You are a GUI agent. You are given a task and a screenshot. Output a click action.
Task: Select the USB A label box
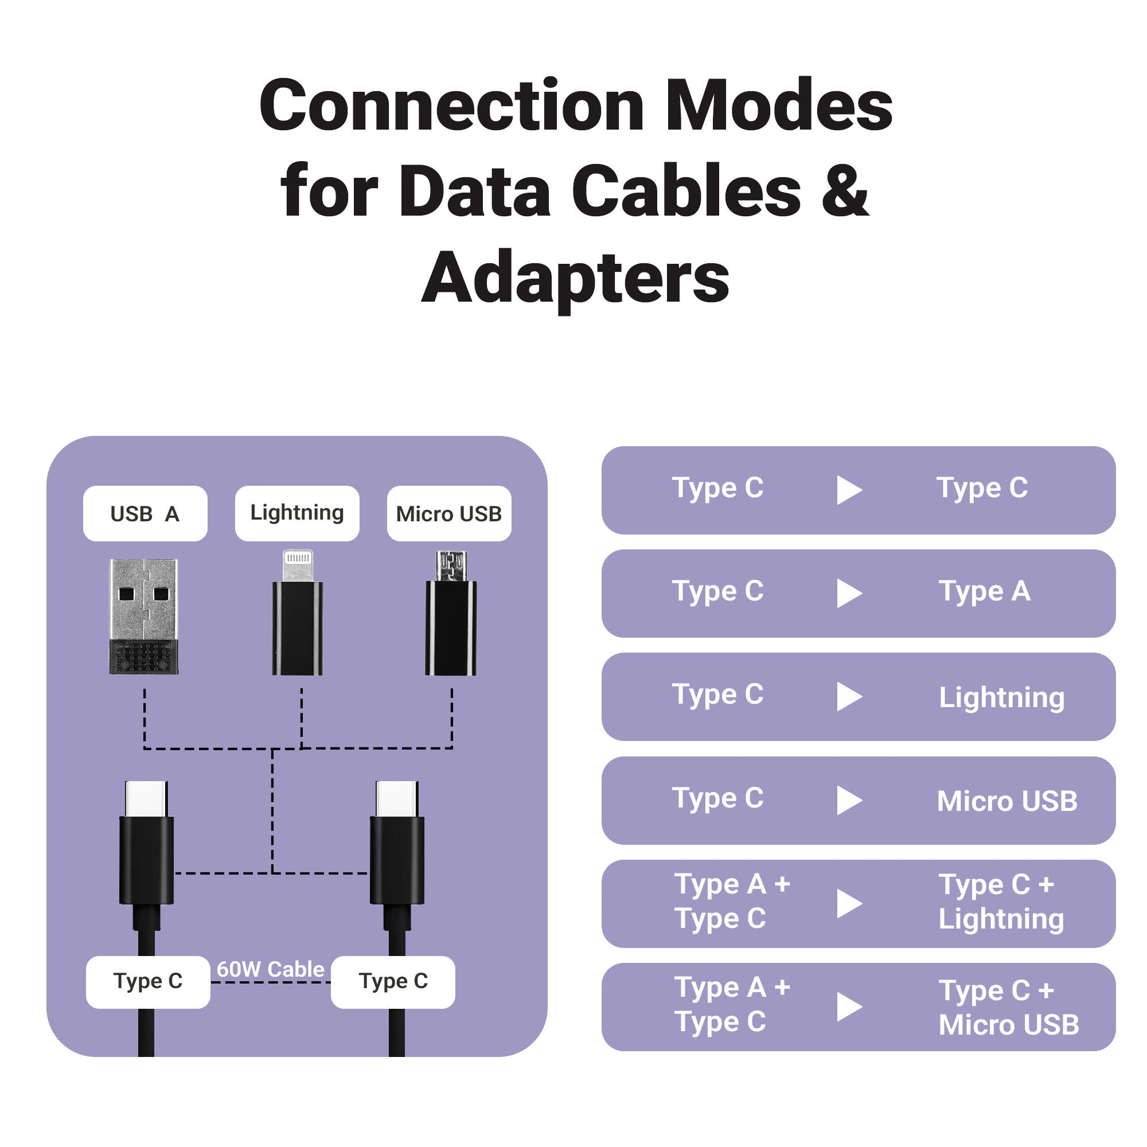click(145, 513)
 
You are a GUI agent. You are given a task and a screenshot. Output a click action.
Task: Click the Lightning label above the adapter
click(297, 512)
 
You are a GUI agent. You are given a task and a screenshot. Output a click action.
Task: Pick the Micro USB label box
click(449, 513)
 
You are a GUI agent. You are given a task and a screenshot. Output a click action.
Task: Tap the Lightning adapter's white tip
click(298, 564)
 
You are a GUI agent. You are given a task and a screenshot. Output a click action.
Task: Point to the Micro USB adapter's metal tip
click(451, 566)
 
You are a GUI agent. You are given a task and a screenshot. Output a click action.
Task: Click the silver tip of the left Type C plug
click(146, 798)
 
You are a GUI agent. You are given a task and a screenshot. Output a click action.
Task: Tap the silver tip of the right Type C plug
click(397, 798)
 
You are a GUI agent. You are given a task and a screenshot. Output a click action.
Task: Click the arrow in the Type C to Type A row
click(849, 593)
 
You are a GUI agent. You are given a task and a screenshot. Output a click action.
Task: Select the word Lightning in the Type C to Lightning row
click(1001, 697)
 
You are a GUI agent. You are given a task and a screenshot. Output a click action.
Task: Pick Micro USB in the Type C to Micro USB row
click(1007, 801)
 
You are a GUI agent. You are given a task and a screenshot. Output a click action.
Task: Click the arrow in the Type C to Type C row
click(849, 490)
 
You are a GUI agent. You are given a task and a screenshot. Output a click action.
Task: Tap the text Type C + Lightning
click(1000, 902)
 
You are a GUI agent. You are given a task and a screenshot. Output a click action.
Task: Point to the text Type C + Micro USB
click(1008, 1008)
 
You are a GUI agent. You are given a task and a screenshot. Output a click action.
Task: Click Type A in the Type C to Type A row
click(984, 591)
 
